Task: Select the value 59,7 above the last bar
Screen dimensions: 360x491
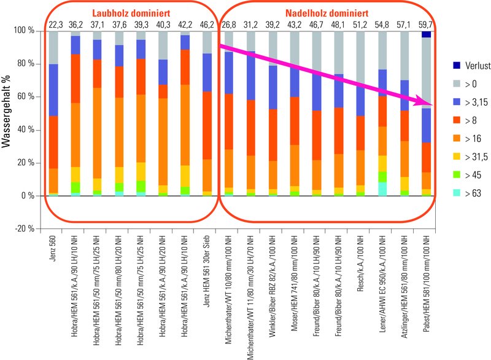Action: point(426,25)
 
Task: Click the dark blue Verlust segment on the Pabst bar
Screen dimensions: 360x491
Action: point(426,34)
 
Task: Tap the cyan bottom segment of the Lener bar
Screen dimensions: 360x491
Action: point(382,189)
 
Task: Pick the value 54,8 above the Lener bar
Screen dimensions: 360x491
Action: point(382,25)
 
